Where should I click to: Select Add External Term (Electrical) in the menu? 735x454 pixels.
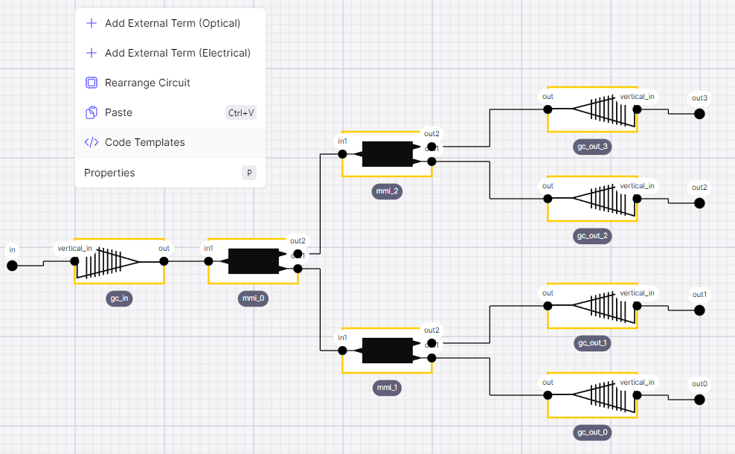coord(177,53)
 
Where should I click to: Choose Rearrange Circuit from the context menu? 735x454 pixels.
coord(147,83)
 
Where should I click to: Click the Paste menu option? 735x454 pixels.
coord(118,112)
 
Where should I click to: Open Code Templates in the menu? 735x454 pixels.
coord(144,142)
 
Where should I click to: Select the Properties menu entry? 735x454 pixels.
coord(109,173)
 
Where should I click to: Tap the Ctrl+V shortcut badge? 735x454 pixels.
coord(241,113)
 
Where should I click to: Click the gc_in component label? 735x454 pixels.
coord(120,298)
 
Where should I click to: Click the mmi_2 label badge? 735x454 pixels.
coord(387,191)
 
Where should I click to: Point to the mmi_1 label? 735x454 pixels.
coord(387,388)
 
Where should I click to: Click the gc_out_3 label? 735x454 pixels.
coord(592,147)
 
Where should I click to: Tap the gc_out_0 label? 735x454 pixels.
coord(592,432)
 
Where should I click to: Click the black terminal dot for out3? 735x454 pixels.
coord(699,114)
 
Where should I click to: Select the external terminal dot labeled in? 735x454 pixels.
coord(12,266)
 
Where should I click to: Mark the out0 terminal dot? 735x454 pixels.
coord(699,400)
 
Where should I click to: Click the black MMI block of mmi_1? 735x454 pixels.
coord(387,351)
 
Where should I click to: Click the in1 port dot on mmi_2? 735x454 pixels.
coord(342,154)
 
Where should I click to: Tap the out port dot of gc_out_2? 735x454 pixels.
coord(548,199)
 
